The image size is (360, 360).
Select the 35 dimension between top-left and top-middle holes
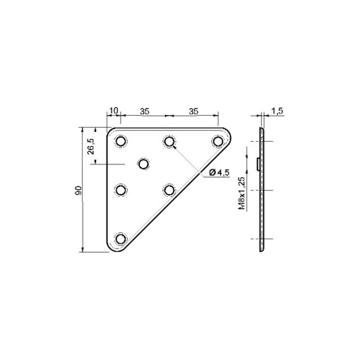pyautogui.click(x=144, y=110)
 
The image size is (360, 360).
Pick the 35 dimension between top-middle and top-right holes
pyautogui.click(x=193, y=110)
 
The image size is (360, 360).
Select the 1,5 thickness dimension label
pyautogui.click(x=277, y=111)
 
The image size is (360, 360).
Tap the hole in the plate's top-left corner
pyautogui.click(x=121, y=141)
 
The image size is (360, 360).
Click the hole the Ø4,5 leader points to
pyautogui.click(x=169, y=141)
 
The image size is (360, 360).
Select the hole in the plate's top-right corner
pyautogui.click(x=217, y=141)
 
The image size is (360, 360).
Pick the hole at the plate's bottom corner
pyautogui.click(x=121, y=238)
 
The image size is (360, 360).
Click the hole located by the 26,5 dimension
pyautogui.click(x=144, y=164)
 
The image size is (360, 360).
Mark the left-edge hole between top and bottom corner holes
pyautogui.click(x=121, y=189)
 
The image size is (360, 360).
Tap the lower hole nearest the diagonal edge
pyautogui.click(x=169, y=189)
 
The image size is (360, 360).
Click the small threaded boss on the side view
pyautogui.click(x=258, y=164)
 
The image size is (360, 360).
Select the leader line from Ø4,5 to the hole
pyautogui.click(x=187, y=158)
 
